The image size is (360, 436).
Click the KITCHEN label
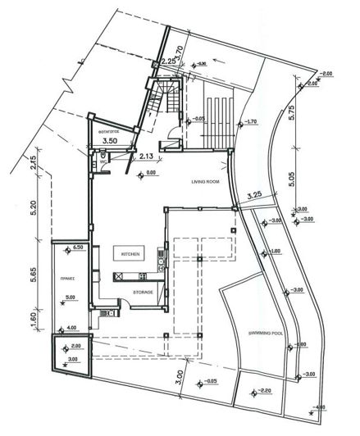132,255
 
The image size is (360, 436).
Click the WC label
103,162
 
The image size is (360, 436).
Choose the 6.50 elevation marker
80,247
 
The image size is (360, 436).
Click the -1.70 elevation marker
250,122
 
